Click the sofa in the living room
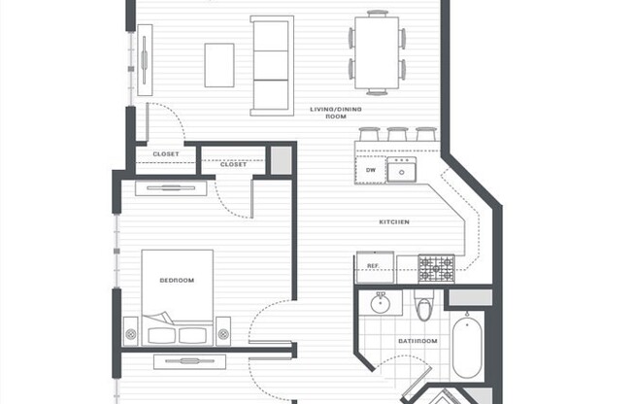coord(271,64)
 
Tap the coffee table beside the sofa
coord(218,64)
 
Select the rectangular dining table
coord(376,52)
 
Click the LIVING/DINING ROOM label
coord(328,113)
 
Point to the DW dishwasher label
coord(371,170)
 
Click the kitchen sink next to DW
coord(401,171)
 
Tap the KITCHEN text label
coord(394,222)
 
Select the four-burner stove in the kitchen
coord(436,267)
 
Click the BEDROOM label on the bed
coord(177,280)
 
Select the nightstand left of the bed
coord(130,332)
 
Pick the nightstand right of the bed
coord(223,332)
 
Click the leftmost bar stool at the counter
coord(369,134)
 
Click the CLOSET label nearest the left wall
coord(166,153)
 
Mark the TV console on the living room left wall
coord(145,59)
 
